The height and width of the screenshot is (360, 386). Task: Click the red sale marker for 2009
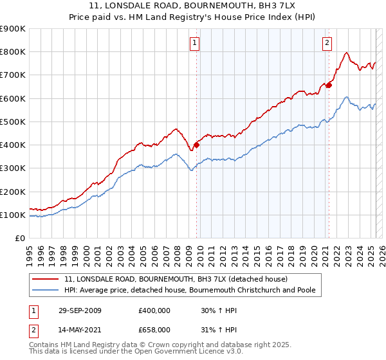(196, 145)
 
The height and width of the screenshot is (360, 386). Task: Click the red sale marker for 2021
(329, 85)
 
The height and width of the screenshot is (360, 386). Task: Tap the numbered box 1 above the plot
(194, 43)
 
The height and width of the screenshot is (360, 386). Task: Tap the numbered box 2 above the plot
(327, 43)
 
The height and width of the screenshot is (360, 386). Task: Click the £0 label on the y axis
(19, 239)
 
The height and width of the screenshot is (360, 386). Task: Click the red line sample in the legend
(46, 279)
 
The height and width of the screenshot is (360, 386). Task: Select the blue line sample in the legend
(46, 290)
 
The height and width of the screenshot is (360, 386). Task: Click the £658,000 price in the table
(154, 329)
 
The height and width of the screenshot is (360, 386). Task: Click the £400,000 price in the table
(154, 310)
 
